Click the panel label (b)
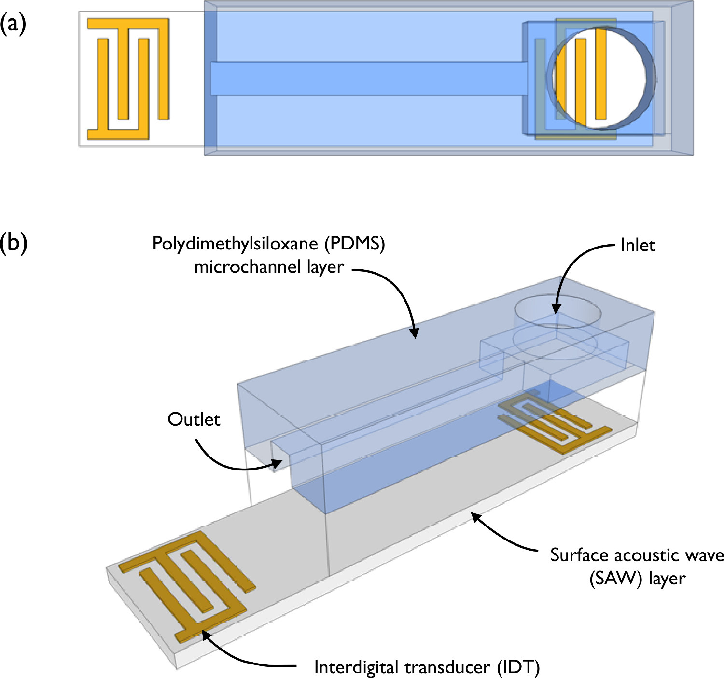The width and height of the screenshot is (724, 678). point(14,242)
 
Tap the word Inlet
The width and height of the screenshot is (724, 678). point(638,245)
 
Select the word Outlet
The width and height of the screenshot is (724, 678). point(194,419)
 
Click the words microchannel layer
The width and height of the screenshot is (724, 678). point(269,267)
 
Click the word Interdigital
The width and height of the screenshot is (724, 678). point(356,667)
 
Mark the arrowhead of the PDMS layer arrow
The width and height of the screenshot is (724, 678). point(414,335)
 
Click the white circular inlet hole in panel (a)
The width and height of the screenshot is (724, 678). point(601,77)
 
